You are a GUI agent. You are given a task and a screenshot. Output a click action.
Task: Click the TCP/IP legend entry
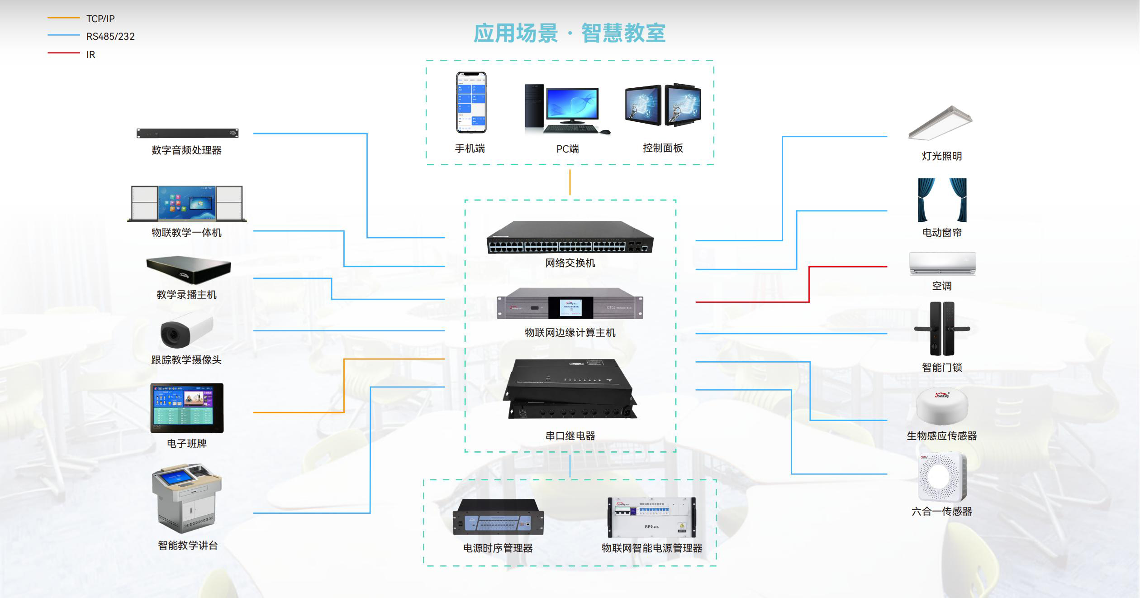100,19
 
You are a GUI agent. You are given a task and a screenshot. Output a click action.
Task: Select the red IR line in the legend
64,53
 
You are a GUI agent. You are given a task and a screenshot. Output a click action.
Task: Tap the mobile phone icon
470,102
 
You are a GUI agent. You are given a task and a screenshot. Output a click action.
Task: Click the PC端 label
567,149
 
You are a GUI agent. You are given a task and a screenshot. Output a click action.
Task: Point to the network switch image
570,238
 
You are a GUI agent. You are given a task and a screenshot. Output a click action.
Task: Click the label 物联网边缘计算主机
570,333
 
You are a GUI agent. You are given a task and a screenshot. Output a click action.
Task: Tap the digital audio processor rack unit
187,133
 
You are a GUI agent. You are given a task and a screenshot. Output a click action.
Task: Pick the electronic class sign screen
187,408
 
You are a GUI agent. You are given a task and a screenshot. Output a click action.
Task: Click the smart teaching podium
187,498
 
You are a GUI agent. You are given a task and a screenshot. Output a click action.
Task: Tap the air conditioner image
942,263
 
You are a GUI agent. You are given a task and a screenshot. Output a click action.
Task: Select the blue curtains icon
942,200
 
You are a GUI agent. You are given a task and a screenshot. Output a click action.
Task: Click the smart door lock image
942,329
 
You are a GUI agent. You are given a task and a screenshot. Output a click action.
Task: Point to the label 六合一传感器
941,512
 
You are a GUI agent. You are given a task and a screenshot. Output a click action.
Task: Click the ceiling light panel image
940,123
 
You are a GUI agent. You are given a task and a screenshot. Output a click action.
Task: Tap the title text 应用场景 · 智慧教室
570,33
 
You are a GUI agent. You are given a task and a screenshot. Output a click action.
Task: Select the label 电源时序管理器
498,548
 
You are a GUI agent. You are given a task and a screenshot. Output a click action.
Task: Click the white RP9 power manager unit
651,517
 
